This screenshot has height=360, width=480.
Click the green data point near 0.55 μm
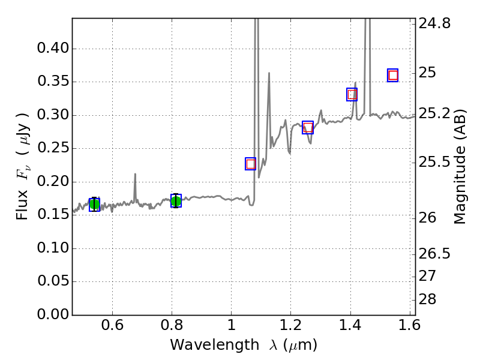94,205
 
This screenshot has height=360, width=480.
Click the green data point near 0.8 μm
176,201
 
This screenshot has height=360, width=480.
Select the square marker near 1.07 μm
251,164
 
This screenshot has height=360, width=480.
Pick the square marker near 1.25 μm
308,127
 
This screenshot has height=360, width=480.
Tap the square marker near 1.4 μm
352,94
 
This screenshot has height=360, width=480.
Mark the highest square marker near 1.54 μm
393,75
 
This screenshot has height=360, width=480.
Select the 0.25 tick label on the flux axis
52,149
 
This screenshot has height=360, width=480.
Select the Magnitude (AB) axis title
460,167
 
